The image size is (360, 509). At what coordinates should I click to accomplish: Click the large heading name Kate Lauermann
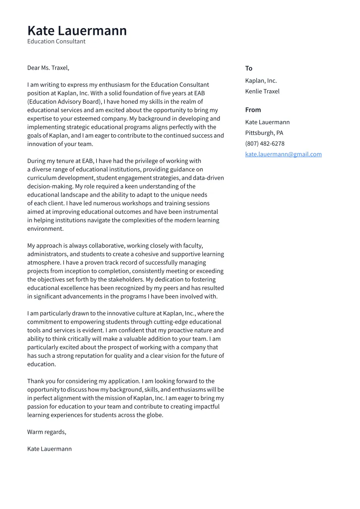(x=77, y=31)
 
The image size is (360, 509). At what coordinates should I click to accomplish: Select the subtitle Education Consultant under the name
(x=56, y=41)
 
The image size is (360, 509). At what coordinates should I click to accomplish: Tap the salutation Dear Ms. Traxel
(x=48, y=68)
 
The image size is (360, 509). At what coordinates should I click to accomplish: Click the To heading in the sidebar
(x=248, y=68)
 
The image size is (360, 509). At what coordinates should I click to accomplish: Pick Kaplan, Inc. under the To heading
(x=261, y=81)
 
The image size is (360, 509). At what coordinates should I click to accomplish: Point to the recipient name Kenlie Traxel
(x=262, y=91)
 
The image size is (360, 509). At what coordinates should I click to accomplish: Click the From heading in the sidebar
(x=253, y=110)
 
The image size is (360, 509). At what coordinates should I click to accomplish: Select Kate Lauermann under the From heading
(x=267, y=122)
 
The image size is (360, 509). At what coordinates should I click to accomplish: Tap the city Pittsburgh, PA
(x=264, y=133)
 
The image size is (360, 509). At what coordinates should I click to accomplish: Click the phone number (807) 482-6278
(x=264, y=143)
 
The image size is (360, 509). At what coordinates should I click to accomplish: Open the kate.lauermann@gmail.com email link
(x=283, y=154)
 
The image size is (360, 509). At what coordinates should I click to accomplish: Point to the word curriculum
(x=42, y=178)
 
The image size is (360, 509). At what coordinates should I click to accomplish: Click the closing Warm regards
(x=47, y=432)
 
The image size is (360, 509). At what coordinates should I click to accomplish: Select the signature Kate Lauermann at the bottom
(x=49, y=449)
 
